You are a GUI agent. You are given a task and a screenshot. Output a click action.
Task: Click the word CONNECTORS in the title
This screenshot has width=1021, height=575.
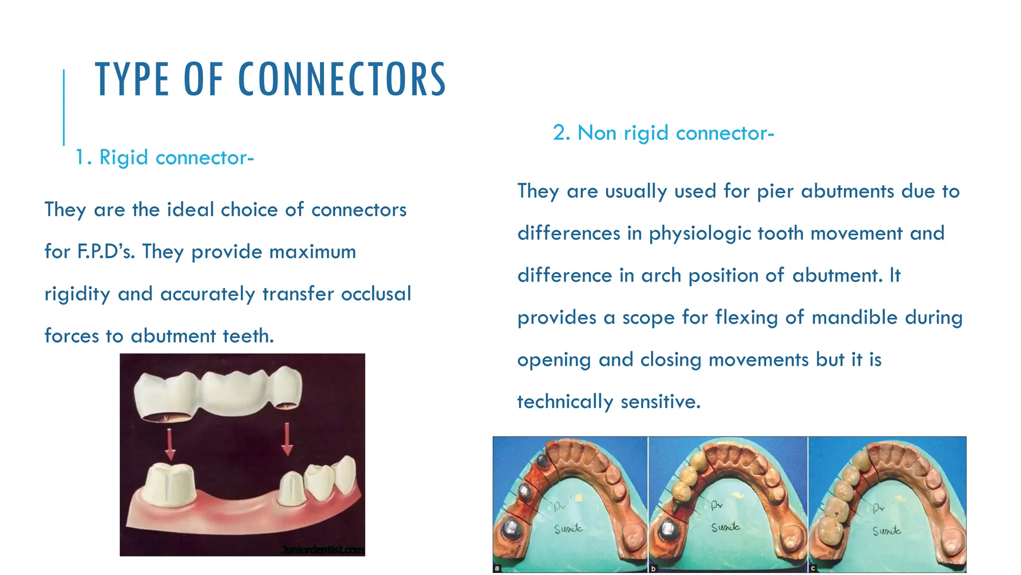pos(342,80)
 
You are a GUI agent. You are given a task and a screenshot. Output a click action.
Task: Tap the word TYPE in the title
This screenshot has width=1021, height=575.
pos(132,80)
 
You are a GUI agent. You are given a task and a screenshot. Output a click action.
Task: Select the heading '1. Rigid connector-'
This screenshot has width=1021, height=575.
pos(165,158)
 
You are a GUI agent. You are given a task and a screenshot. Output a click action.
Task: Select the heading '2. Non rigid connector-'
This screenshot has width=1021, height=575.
pos(663,133)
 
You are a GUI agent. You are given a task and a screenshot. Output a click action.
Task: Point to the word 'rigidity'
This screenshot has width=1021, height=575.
pos(77,294)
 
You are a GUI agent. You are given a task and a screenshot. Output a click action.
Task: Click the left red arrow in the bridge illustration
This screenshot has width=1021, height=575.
pos(170,444)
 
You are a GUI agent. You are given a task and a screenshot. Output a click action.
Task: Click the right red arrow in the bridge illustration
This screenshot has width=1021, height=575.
pos(287,439)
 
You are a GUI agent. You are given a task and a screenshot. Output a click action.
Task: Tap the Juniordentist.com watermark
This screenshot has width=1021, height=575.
pos(322,550)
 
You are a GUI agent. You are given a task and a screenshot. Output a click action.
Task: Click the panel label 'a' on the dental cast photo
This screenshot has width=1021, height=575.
pos(497,568)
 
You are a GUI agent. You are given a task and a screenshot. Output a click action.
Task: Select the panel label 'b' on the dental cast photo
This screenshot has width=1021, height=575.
pos(653,568)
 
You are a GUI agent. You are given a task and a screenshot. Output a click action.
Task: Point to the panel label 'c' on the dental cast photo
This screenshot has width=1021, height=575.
pos(813,568)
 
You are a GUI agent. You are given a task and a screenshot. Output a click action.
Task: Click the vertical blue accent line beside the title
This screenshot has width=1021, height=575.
pos(64,107)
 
